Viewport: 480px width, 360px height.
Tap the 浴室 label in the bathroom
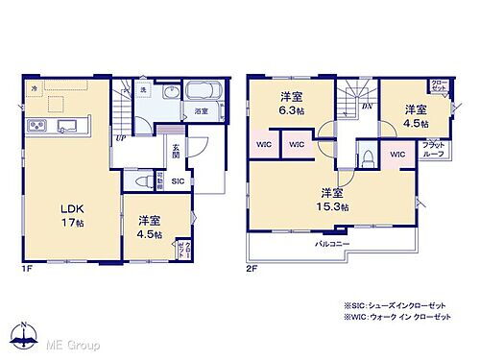pos(202,111)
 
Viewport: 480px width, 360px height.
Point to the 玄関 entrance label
pos(176,151)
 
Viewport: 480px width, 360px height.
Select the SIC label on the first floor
pos(179,180)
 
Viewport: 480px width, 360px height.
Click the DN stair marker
pos(367,106)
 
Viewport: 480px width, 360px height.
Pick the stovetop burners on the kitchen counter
pos(38,126)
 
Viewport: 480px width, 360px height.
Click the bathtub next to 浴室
pos(202,94)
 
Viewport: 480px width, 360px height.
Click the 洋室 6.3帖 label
pos(291,103)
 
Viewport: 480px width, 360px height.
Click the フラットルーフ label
pos(434,149)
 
